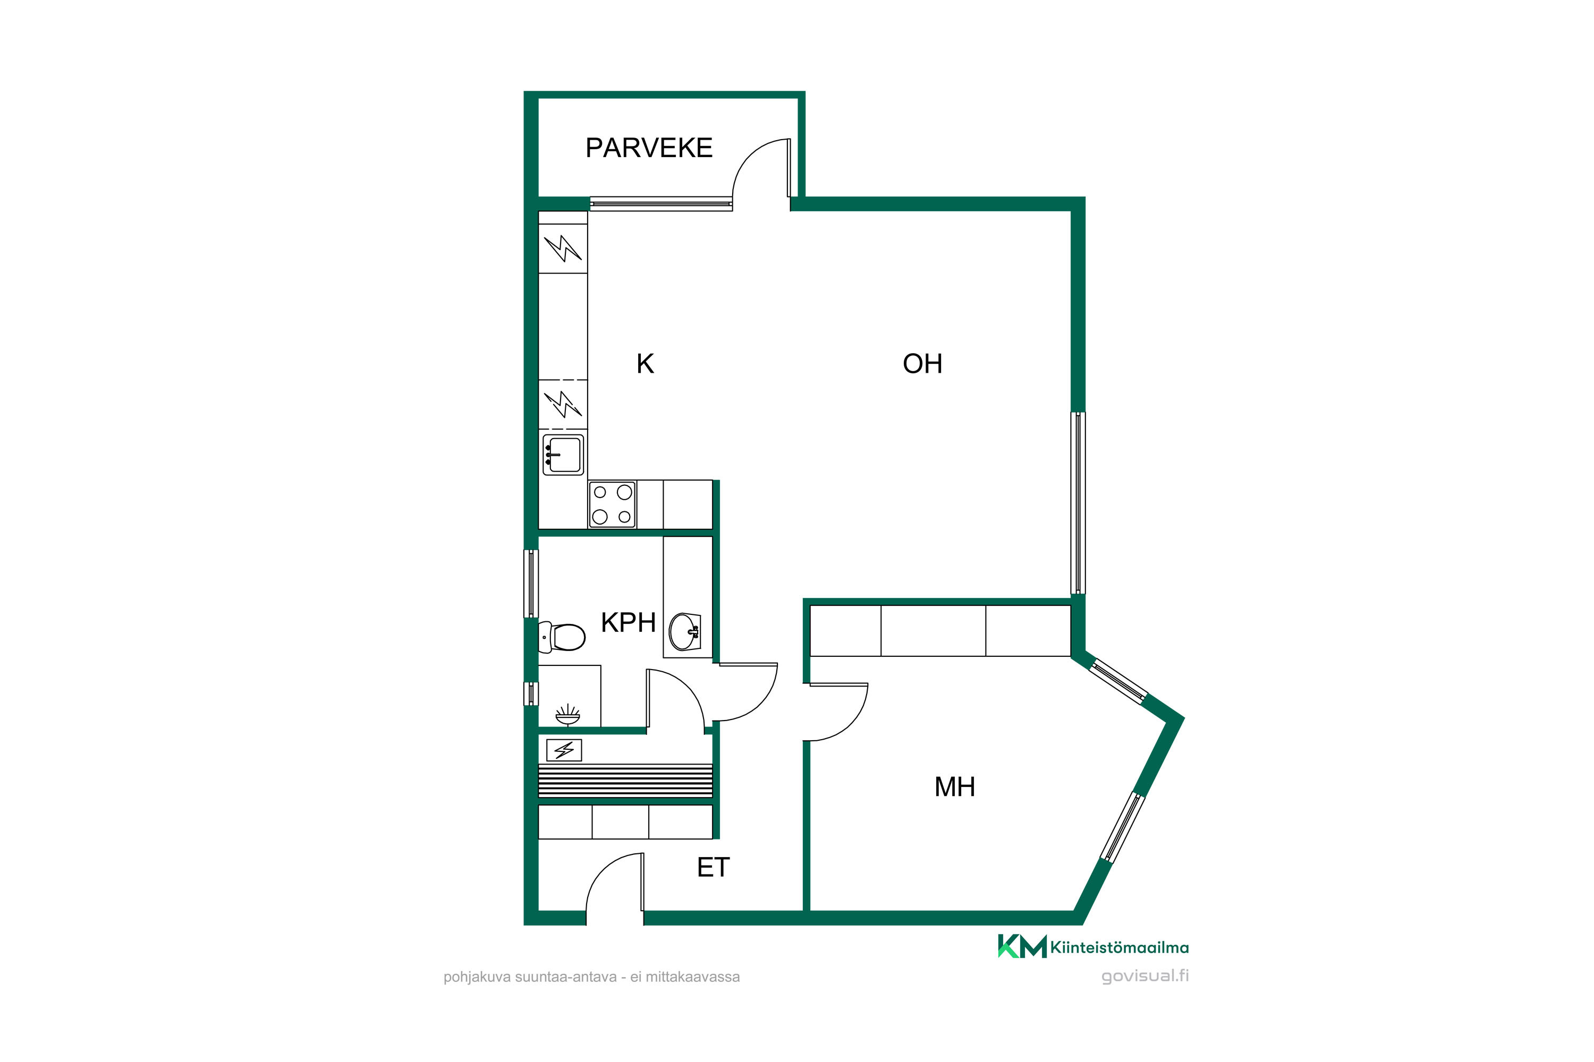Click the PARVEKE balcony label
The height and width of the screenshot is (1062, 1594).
[649, 148]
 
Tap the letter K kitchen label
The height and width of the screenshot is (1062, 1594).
[645, 364]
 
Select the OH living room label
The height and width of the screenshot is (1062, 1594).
[922, 364]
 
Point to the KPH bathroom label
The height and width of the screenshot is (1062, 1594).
[628, 622]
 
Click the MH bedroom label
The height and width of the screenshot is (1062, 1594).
[954, 786]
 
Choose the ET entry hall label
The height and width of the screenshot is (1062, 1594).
[713, 867]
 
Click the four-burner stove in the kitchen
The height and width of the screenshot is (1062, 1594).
[612, 504]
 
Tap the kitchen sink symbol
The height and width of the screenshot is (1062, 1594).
[563, 455]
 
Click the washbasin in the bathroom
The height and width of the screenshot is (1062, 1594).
[684, 631]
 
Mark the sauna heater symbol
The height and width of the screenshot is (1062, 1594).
[564, 750]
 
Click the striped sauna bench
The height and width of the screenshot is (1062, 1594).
[625, 781]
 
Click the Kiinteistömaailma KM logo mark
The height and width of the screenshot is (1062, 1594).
[1022, 946]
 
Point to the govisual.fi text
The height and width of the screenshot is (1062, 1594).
[1144, 976]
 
